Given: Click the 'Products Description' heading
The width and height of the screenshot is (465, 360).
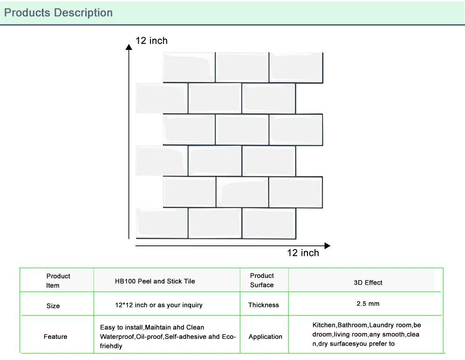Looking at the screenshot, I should [x=58, y=13].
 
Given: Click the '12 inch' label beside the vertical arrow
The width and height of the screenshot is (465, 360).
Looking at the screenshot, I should [x=151, y=41].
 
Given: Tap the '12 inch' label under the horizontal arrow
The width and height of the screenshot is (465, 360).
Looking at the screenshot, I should [x=303, y=253].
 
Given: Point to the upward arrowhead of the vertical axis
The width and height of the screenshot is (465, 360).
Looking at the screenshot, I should [x=129, y=46].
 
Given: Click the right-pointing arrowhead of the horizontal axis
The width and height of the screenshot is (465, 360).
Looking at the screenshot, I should [x=327, y=245].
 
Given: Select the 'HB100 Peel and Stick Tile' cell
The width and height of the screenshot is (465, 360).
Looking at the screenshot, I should [x=155, y=281].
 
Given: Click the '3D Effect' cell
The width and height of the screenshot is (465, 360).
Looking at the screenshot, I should [x=368, y=283].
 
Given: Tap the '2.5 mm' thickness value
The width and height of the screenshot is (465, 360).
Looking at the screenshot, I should [x=368, y=304].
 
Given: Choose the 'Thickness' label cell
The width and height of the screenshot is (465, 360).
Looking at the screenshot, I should [x=263, y=305].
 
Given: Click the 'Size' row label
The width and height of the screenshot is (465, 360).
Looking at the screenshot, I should [x=53, y=306].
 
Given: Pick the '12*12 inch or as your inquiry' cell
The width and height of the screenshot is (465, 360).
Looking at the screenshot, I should [x=158, y=305].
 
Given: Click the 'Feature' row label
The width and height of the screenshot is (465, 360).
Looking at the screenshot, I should [x=55, y=337].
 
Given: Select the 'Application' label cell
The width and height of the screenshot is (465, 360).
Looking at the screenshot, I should [x=265, y=337].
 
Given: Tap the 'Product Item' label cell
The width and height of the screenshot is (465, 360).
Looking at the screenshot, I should [x=58, y=281].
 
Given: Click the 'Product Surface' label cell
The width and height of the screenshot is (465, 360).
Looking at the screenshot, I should [x=262, y=280].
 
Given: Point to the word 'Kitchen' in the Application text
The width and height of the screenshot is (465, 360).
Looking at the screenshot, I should [x=324, y=325].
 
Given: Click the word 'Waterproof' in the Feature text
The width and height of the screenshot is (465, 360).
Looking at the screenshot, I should [x=116, y=337].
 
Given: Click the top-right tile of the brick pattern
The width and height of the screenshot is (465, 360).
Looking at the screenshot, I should [x=296, y=68].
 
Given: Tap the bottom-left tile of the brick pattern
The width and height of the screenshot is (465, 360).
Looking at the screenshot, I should [x=161, y=223].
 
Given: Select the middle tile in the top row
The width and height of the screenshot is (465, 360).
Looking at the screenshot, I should [x=242, y=68].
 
